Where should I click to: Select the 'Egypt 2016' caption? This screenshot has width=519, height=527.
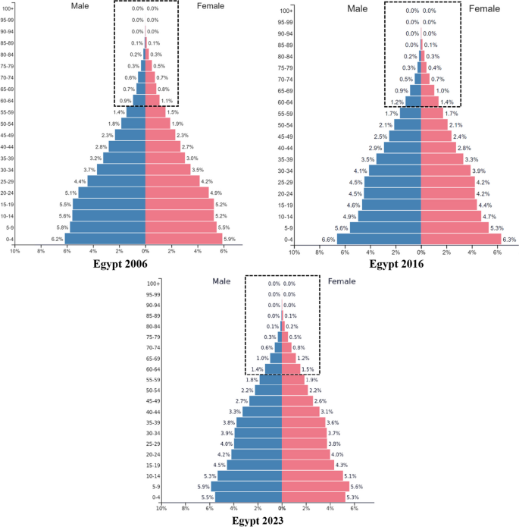[396, 265]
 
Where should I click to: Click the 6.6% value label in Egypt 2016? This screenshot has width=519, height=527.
[327, 239]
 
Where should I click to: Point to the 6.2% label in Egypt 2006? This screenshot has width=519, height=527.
[57, 238]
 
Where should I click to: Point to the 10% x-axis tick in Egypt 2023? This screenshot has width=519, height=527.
[161, 509]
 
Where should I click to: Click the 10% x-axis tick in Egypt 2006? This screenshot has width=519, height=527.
[14, 251]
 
